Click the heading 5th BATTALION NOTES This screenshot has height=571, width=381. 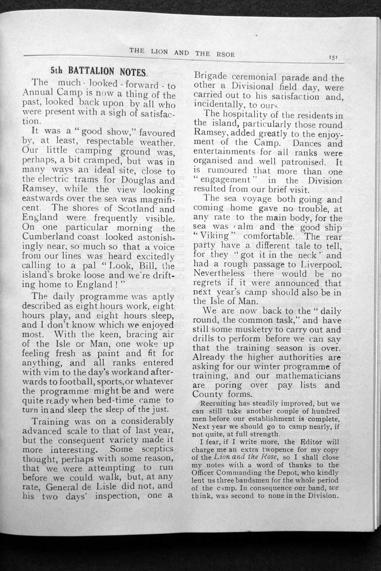100,70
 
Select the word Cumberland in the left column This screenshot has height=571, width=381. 49,237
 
